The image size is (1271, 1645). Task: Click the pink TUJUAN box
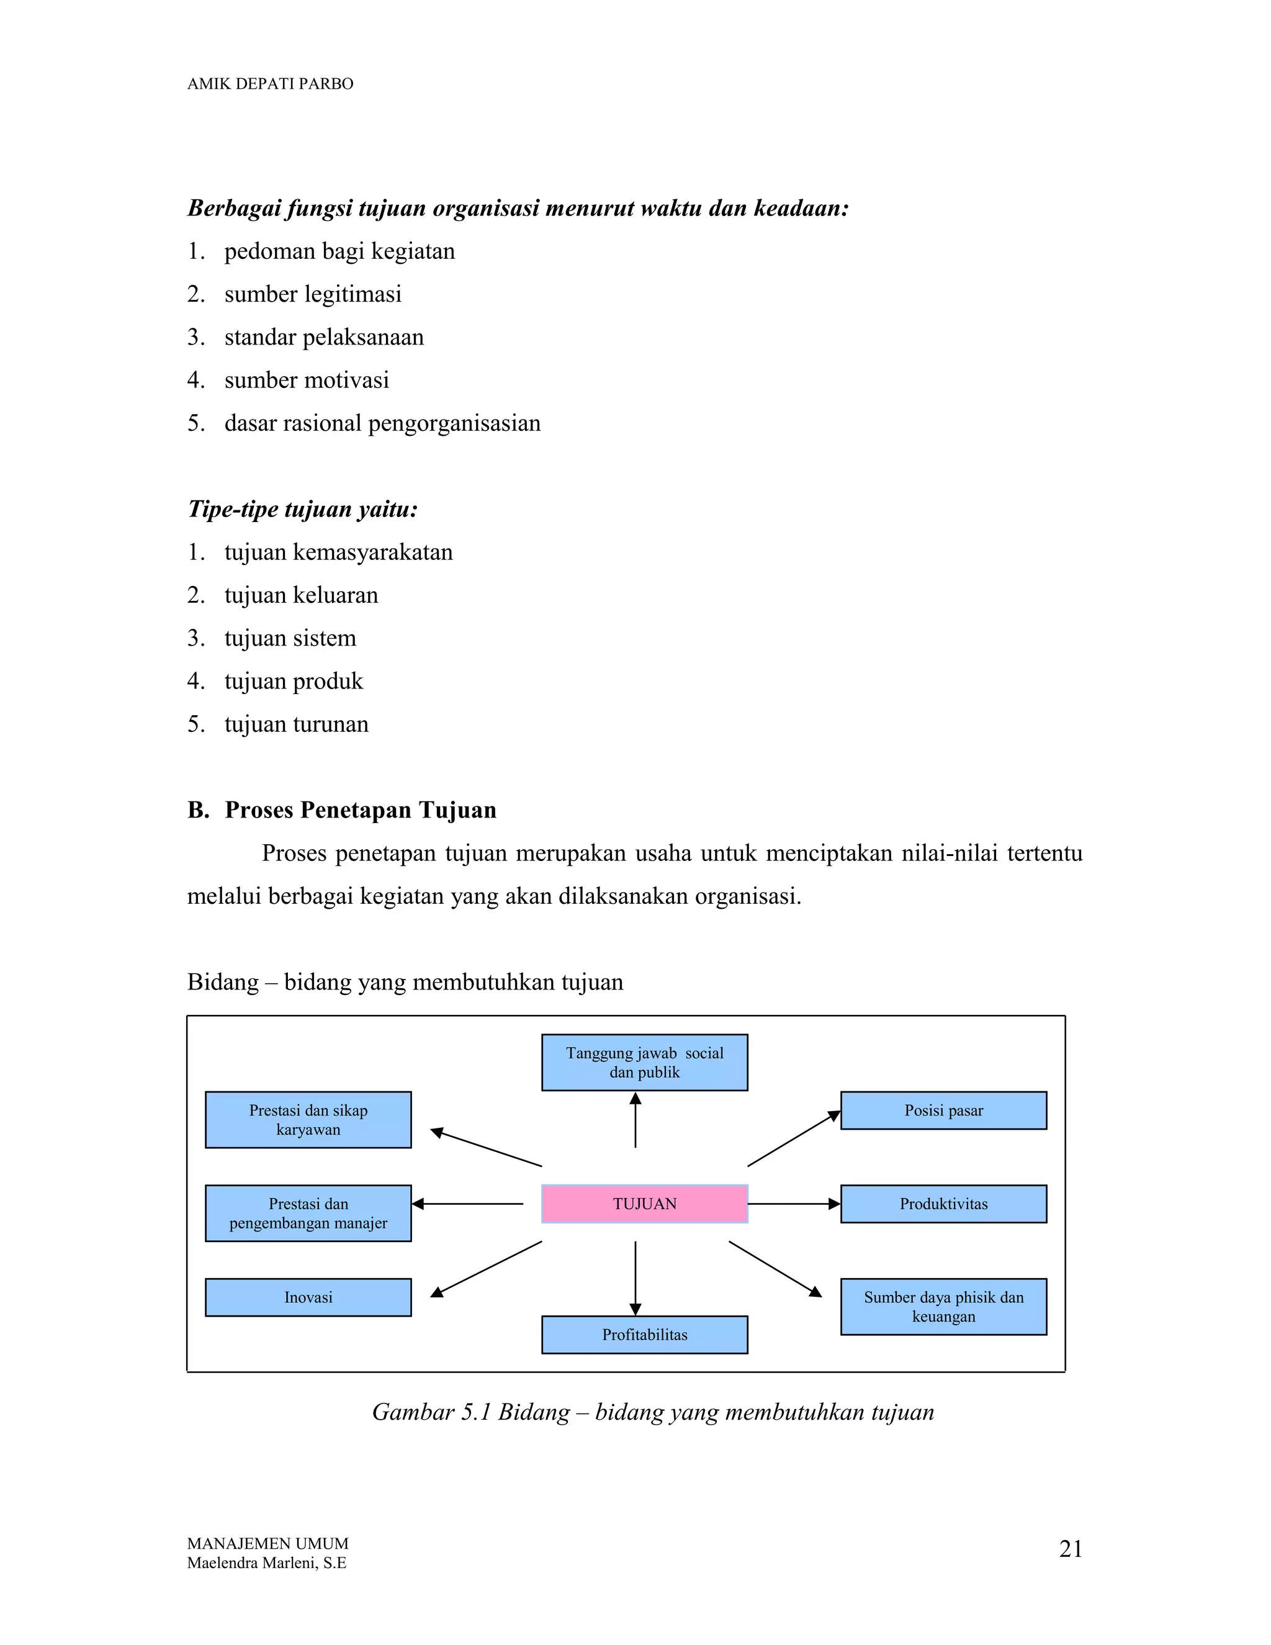point(645,1204)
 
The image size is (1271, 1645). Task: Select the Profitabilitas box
point(645,1335)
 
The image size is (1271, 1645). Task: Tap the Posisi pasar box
point(943,1111)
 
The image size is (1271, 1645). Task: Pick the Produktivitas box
point(943,1204)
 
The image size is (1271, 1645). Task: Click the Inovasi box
point(308,1297)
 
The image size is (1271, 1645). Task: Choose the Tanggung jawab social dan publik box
point(645,1062)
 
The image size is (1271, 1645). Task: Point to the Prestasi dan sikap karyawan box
point(308,1119)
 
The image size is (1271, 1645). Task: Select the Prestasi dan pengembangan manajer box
point(308,1213)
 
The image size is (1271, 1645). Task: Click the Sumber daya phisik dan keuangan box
point(943,1307)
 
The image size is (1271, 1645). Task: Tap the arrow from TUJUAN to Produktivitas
point(794,1204)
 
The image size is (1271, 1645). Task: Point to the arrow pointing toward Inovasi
point(487,1269)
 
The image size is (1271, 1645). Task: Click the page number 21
point(1070,1549)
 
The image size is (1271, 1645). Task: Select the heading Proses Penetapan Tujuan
point(360,809)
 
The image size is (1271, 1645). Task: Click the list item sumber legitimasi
point(313,294)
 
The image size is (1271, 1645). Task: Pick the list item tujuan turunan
point(296,724)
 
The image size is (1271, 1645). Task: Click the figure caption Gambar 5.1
point(653,1412)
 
